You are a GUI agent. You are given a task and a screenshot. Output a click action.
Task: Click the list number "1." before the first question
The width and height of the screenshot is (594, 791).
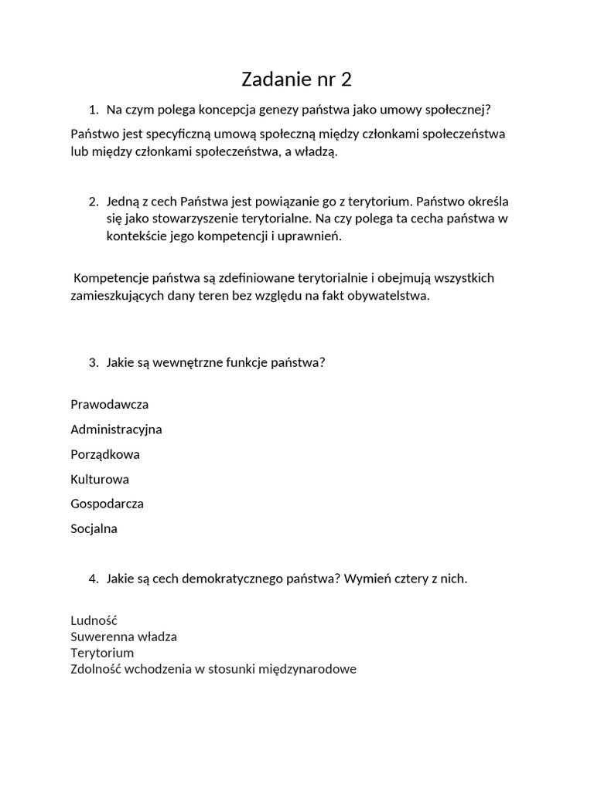[94, 110]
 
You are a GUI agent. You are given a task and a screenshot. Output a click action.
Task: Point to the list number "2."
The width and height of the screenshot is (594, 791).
[94, 202]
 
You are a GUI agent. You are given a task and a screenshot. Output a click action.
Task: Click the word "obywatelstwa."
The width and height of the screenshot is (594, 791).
[391, 296]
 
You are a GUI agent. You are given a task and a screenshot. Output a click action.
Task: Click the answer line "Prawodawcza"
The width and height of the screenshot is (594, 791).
[109, 405]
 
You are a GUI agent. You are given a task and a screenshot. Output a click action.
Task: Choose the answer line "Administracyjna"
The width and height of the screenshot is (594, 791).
[116, 429]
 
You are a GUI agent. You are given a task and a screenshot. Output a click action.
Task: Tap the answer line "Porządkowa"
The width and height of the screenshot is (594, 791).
[105, 454]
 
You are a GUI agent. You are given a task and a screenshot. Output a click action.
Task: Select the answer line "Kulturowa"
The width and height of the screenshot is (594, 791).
[100, 479]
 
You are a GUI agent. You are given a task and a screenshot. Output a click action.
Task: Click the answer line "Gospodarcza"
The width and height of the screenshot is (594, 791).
[107, 504]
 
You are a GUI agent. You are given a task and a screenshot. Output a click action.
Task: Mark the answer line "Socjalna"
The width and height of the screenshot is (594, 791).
[94, 529]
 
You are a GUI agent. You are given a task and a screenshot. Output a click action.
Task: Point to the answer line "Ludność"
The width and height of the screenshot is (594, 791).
[94, 620]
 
